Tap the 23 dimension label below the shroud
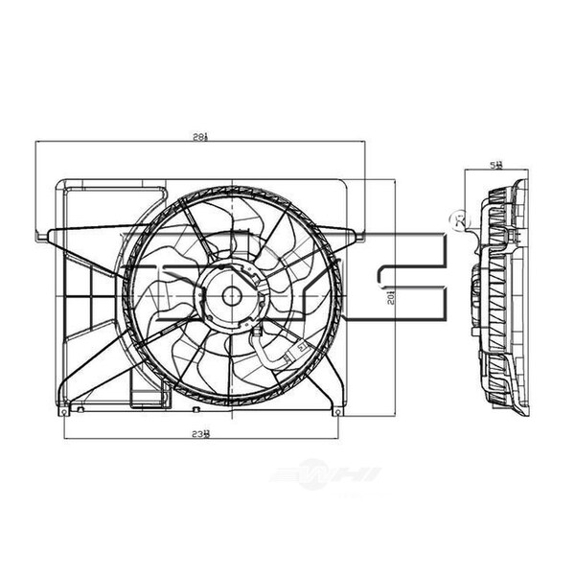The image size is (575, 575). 200,433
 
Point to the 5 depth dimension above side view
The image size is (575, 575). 496,165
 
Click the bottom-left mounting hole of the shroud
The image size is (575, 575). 63,411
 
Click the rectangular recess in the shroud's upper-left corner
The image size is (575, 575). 105,188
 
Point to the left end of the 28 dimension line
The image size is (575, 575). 36,143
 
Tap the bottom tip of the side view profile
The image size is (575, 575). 522,414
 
